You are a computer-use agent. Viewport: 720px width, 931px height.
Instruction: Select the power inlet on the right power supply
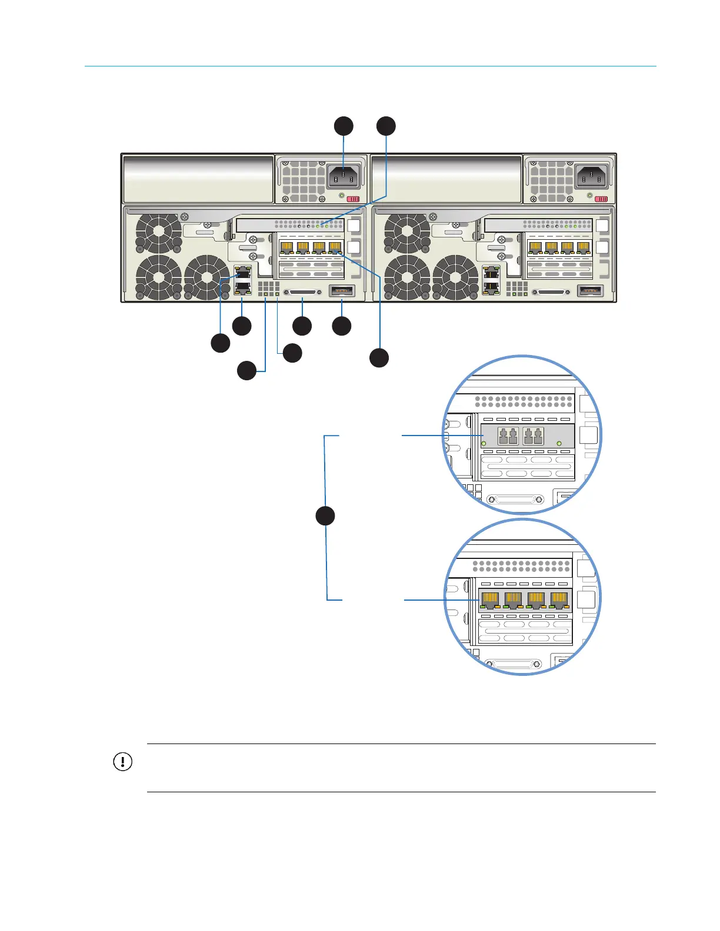(x=591, y=176)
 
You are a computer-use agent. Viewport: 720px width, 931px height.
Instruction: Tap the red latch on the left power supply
(x=353, y=199)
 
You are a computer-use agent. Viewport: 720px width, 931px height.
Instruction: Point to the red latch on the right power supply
(x=601, y=199)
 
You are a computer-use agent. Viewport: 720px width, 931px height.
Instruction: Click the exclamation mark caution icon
(x=122, y=762)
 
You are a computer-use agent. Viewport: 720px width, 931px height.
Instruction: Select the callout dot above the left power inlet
(x=344, y=126)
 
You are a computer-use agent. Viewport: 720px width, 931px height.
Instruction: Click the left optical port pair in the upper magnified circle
(x=508, y=436)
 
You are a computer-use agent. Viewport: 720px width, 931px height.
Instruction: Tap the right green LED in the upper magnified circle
(x=559, y=443)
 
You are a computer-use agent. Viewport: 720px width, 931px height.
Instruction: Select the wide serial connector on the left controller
(x=302, y=292)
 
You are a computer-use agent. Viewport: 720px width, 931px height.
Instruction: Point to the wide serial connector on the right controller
(x=551, y=292)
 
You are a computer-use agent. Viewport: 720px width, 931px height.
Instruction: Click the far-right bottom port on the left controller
(x=341, y=290)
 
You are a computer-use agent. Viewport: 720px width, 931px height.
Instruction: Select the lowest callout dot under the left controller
(x=246, y=371)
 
